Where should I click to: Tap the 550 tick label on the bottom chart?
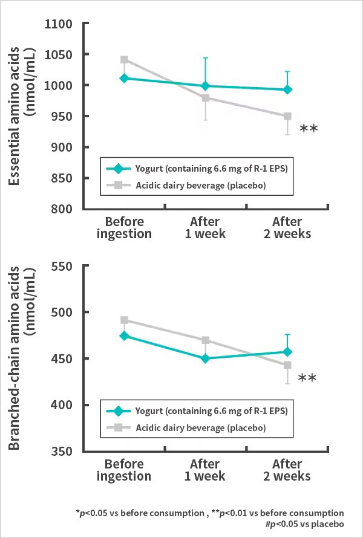click(63, 266)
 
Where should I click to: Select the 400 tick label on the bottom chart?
click(63, 405)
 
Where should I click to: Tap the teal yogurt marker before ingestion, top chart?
click(124, 78)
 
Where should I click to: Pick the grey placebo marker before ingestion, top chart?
click(124, 60)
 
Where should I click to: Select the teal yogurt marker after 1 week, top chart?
click(205, 86)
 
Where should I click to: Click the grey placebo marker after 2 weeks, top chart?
click(287, 116)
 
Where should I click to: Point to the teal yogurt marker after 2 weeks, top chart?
click(287, 89)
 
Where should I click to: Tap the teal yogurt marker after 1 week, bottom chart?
click(205, 358)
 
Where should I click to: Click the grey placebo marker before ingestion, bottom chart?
click(124, 320)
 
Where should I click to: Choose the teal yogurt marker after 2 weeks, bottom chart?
click(287, 352)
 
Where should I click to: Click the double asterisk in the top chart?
click(309, 128)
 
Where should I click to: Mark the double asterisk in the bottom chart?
click(307, 378)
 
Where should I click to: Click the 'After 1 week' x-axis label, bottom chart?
click(205, 470)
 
